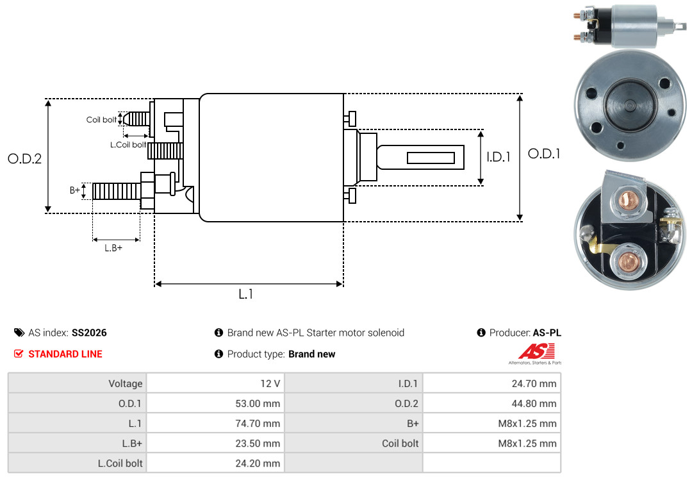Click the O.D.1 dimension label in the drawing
coord(544,154)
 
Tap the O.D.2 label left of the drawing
coord(24,158)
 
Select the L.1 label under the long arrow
coord(246,294)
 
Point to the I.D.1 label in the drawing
coord(498,156)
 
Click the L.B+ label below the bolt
coord(113,248)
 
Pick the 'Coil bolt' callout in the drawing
coord(101,120)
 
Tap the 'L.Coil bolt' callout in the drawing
coord(128,145)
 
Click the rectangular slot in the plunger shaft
coord(431,158)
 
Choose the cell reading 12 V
coord(269,384)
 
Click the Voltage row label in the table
coord(125,384)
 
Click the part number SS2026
coord(89,333)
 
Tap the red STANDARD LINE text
coord(65,354)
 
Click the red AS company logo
coord(531,352)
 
